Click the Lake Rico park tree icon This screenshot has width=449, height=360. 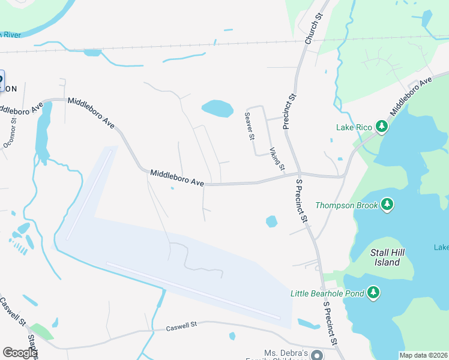pos(381,126)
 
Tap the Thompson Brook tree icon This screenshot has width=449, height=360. pos(387,205)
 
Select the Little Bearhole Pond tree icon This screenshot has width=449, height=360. pos(373,292)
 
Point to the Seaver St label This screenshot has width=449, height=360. pos(249,126)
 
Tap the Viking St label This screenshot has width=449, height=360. pos(277,159)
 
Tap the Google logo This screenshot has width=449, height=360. pos(20,353)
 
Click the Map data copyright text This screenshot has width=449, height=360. pos(424,355)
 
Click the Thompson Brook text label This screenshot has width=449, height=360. pos(347,205)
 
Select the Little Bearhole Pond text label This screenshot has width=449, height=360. pos(327,293)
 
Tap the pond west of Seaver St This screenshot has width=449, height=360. pos(217,109)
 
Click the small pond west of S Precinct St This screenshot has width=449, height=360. pos(271,221)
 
